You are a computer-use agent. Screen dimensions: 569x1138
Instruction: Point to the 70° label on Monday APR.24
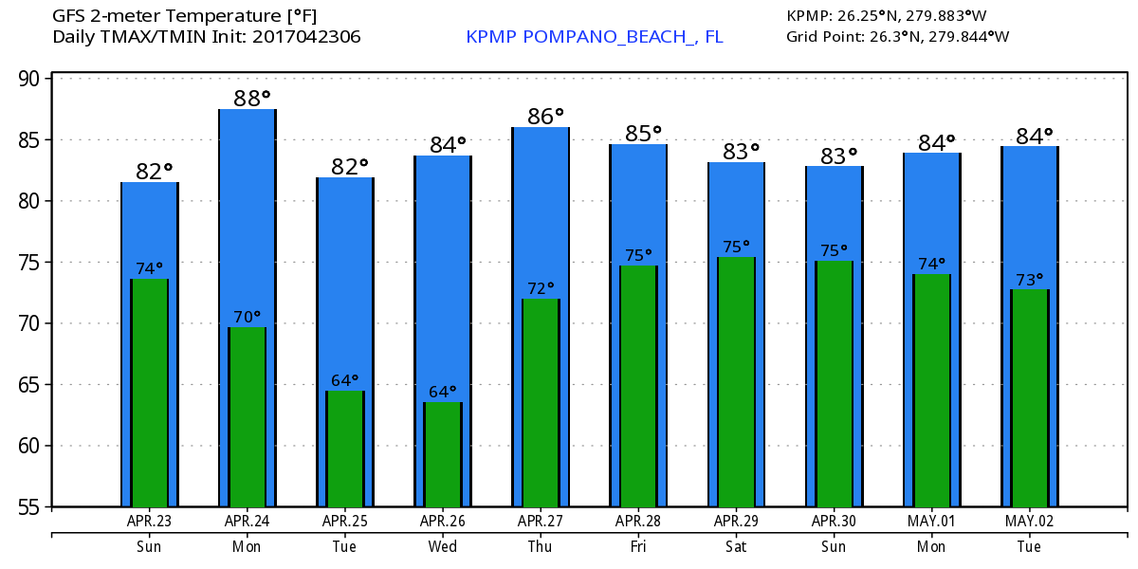tap(247, 317)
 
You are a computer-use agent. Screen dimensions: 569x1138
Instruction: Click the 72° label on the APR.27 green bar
tap(540, 287)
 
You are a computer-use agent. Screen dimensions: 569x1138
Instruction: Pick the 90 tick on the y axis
tap(31, 79)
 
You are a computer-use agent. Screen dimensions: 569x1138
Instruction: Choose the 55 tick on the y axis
tap(31, 507)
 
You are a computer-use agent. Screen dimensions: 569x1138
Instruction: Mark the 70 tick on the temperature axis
tap(31, 323)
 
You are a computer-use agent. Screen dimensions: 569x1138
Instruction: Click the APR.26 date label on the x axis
tap(442, 522)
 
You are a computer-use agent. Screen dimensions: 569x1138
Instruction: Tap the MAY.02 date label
tap(1029, 522)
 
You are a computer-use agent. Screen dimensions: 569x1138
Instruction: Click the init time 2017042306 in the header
tap(307, 37)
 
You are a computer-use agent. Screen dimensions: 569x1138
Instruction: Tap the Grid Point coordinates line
tap(897, 37)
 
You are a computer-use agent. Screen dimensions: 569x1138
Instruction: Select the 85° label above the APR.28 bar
tap(642, 133)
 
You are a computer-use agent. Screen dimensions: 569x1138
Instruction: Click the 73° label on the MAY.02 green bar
tap(1030, 279)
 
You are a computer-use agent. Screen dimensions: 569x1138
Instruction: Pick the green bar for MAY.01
tap(931, 391)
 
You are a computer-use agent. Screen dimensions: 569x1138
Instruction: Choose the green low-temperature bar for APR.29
tap(736, 382)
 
